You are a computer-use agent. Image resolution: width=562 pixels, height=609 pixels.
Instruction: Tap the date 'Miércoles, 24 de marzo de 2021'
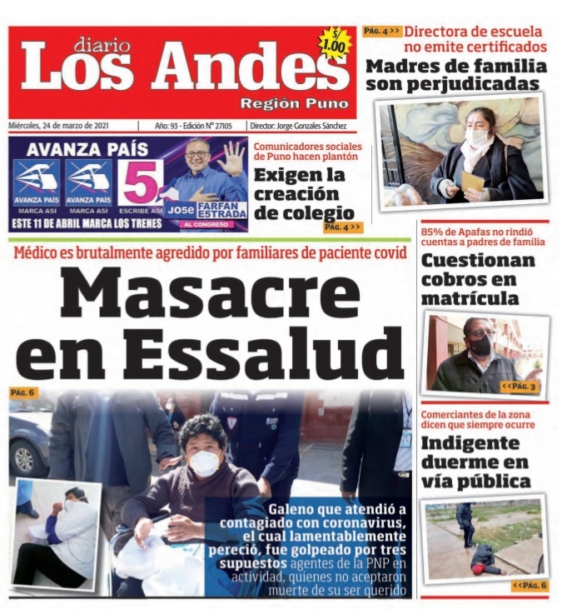point(70,125)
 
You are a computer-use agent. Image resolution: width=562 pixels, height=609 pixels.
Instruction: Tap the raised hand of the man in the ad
point(231,157)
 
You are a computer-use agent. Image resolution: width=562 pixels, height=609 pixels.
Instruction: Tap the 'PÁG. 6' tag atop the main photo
point(22,392)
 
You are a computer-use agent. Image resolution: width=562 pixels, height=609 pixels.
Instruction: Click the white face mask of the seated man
point(205,463)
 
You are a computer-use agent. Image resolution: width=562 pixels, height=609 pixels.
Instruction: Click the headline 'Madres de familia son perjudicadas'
point(456,75)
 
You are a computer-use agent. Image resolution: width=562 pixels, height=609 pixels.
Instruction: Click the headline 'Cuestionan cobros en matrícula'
point(478,279)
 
